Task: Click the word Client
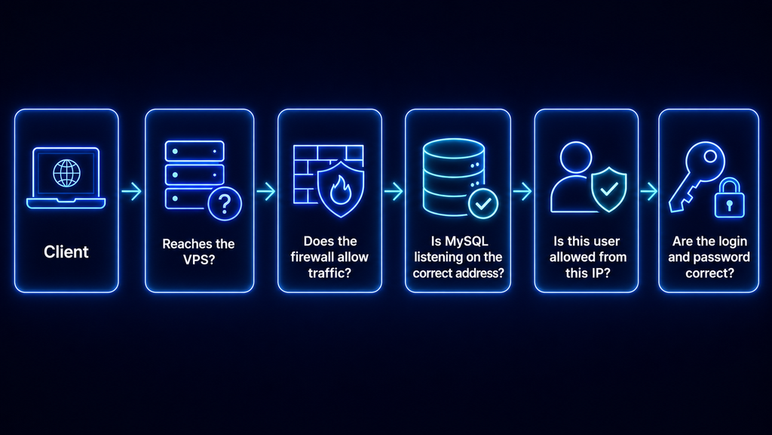[x=66, y=252]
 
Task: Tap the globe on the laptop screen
[x=66, y=173]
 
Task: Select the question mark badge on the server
[x=225, y=204]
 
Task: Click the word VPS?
[x=199, y=260]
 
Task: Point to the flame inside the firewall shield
[x=340, y=190]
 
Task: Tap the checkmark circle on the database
[x=483, y=203]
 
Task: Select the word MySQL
[x=466, y=241]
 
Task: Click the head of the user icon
[x=575, y=157]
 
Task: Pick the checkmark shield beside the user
[x=609, y=190]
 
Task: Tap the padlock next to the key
[x=729, y=198]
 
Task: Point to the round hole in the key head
[x=710, y=156]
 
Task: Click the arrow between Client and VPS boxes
[x=131, y=191]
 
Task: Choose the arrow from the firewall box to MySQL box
[x=394, y=191]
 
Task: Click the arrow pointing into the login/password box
[x=649, y=191]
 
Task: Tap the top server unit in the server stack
[x=195, y=151]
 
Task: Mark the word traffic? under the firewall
[x=330, y=273]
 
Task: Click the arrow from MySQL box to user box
[x=522, y=191]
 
